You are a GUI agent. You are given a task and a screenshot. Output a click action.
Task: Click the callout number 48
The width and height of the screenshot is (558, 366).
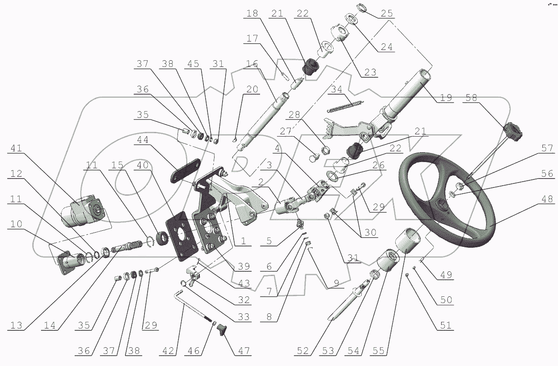(x=547, y=199)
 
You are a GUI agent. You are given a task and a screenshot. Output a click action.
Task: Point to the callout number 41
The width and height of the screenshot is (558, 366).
(x=17, y=148)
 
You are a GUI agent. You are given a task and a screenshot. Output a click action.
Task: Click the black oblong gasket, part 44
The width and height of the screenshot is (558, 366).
(x=186, y=171)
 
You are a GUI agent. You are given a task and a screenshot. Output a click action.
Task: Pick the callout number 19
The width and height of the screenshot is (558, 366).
(x=446, y=97)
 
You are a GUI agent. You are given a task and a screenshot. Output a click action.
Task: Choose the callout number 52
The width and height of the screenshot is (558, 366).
(x=303, y=351)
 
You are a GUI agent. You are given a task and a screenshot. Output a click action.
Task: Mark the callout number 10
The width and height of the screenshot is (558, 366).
(x=17, y=224)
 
